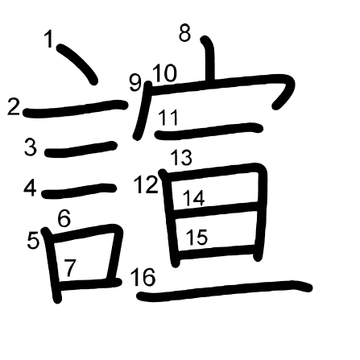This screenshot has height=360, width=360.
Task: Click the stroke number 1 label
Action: [x=49, y=39]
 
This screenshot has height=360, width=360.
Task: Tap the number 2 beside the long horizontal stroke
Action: [x=14, y=107]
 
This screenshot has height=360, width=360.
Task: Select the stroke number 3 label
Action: [x=31, y=147]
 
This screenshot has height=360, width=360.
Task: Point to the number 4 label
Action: [x=30, y=188]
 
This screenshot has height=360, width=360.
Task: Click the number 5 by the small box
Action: [x=33, y=240]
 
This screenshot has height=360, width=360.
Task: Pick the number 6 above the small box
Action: [x=64, y=218]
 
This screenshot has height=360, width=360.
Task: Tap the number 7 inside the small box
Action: [x=70, y=267]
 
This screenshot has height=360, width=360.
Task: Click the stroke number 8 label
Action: [x=185, y=33]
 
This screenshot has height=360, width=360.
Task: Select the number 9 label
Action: [x=135, y=83]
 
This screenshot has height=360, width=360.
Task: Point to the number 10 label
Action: [x=165, y=73]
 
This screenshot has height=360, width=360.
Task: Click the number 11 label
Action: [x=168, y=118]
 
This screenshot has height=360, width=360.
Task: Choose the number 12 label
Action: [x=147, y=184]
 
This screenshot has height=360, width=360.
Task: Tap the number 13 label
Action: [x=181, y=157]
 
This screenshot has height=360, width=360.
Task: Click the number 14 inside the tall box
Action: [x=194, y=198]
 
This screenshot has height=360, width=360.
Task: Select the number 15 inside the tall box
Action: [x=197, y=237]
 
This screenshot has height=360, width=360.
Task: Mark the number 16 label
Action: [x=143, y=277]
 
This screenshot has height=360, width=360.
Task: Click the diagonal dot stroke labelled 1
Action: [x=77, y=64]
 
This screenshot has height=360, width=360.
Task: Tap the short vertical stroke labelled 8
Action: [x=209, y=59]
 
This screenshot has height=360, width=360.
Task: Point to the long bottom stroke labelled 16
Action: [x=225, y=291]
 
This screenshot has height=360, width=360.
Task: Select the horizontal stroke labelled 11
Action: [x=209, y=131]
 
